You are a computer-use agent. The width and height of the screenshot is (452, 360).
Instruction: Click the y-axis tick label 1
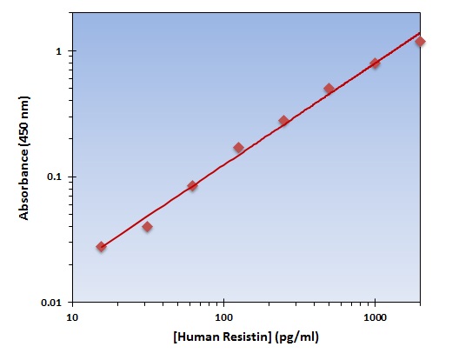tap(60, 51)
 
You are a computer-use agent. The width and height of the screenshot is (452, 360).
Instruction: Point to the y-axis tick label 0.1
tap(56, 177)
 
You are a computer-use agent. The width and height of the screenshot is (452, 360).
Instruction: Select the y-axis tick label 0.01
tap(53, 303)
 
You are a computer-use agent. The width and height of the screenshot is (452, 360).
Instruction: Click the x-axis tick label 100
tap(224, 318)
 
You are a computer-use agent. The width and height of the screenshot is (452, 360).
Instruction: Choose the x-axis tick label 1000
tap(375, 318)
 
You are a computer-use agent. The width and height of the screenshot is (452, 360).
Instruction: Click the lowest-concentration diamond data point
tap(102, 247)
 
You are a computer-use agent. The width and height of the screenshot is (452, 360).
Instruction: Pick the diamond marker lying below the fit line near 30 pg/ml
tap(147, 227)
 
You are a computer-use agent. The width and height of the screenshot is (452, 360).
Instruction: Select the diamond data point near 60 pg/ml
tap(192, 186)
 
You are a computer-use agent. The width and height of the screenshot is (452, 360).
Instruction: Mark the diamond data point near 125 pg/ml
tap(238, 148)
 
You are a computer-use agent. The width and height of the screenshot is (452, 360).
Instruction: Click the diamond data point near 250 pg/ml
tap(283, 121)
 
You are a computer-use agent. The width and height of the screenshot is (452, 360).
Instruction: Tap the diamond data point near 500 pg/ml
tap(329, 89)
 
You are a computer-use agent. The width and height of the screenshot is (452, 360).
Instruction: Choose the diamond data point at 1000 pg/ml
tap(375, 63)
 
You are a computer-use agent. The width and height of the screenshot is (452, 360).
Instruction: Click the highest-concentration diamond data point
tap(420, 41)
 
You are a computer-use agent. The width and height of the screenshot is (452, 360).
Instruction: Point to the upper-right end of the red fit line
tap(421, 32)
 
